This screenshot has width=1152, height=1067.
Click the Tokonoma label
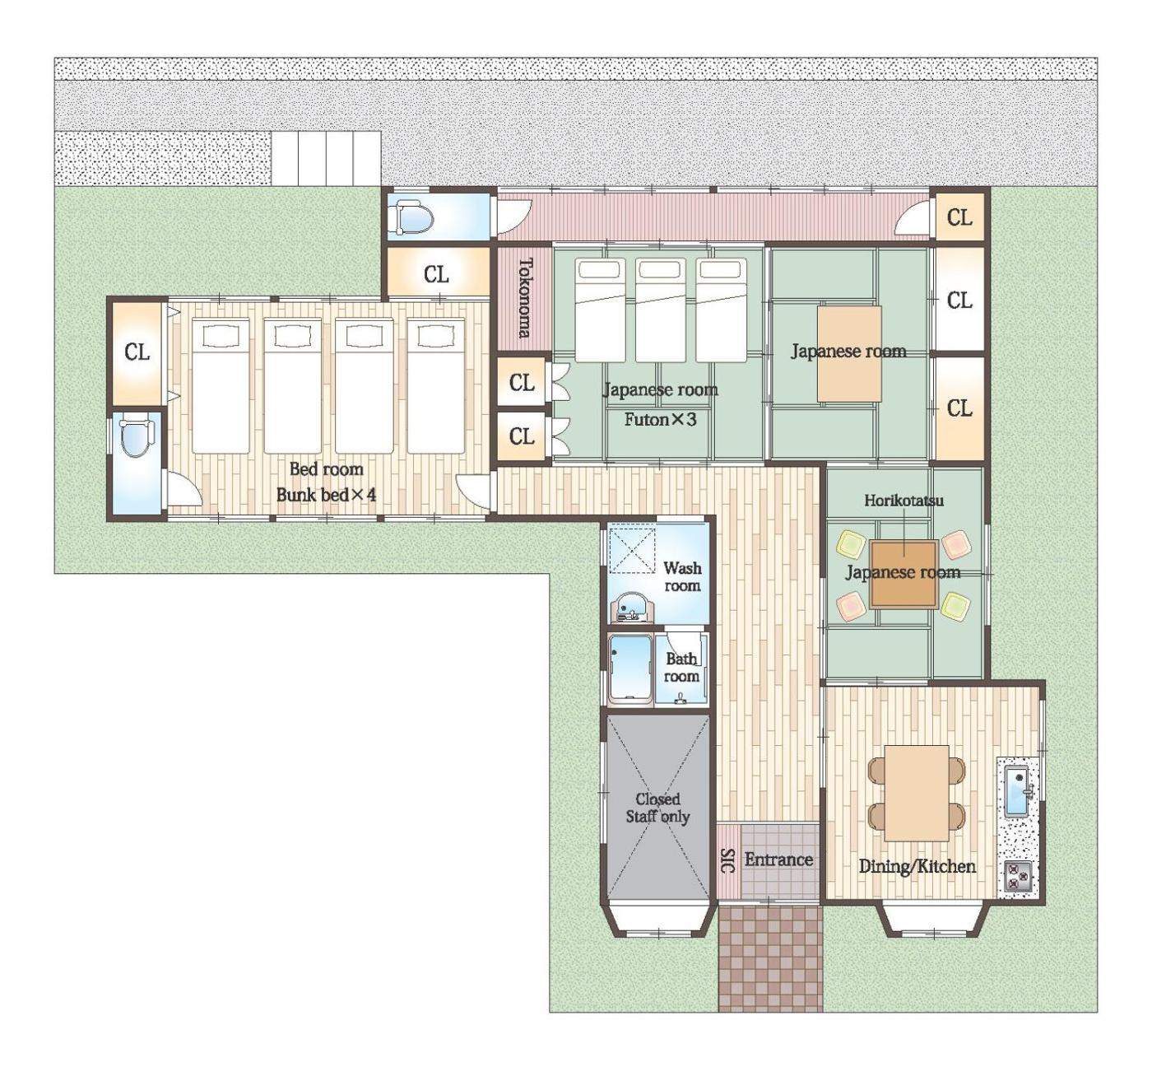525,298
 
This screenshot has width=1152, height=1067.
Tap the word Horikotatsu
903,501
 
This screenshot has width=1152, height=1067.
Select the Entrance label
778,860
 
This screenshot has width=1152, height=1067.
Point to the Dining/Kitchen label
917,867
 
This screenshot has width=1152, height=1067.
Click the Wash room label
682,576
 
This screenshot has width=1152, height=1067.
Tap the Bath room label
681,668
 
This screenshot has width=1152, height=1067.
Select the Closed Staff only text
657,808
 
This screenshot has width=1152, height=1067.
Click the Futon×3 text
660,419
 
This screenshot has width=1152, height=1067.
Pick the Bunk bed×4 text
326,495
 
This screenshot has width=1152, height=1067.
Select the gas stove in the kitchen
1018,877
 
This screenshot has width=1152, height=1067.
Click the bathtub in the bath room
630,669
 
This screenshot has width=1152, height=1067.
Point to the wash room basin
632,608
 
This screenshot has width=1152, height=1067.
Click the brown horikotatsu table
903,575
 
